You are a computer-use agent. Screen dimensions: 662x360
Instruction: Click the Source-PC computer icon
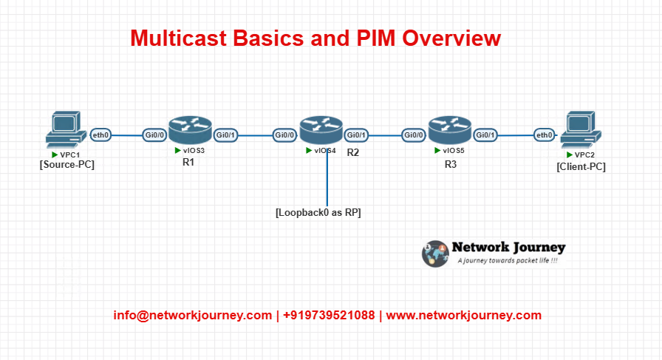click(x=66, y=129)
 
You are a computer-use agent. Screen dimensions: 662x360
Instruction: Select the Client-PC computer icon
click(x=581, y=129)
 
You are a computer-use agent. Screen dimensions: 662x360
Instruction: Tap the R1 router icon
click(x=190, y=130)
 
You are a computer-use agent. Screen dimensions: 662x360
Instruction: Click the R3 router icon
click(x=450, y=130)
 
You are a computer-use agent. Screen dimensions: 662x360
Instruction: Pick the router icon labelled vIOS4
click(x=321, y=130)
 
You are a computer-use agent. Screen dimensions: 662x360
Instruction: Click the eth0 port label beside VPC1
click(x=101, y=135)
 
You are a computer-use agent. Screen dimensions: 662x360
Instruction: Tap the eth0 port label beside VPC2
click(x=545, y=135)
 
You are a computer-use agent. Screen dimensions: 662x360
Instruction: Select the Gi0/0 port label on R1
click(x=154, y=135)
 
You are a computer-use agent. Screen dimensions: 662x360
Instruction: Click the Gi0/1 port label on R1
click(x=225, y=135)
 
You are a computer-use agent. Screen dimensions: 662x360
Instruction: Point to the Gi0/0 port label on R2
click(x=284, y=135)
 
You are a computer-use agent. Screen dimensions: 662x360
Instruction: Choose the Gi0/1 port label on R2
click(x=356, y=135)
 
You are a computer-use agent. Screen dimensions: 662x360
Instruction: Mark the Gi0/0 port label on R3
click(x=413, y=135)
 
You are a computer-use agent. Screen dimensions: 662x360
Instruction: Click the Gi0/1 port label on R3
click(x=485, y=135)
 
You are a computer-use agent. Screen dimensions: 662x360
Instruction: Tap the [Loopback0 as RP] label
click(x=318, y=213)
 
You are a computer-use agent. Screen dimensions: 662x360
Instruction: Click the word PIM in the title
click(x=376, y=38)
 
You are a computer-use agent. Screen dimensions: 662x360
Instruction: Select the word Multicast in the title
click(x=179, y=38)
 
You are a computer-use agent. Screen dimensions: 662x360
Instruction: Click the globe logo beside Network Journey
click(x=435, y=254)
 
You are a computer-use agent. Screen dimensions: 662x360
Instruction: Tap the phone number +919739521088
click(x=329, y=315)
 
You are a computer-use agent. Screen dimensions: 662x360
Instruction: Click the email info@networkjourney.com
click(x=193, y=315)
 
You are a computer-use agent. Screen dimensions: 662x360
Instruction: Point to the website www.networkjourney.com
click(x=463, y=315)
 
